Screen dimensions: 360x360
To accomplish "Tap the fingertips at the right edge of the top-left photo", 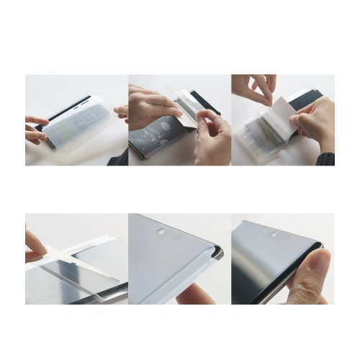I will [122, 112].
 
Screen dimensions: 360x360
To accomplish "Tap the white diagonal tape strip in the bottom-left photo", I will [72, 248].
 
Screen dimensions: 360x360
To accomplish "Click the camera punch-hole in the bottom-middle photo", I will [161, 232].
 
